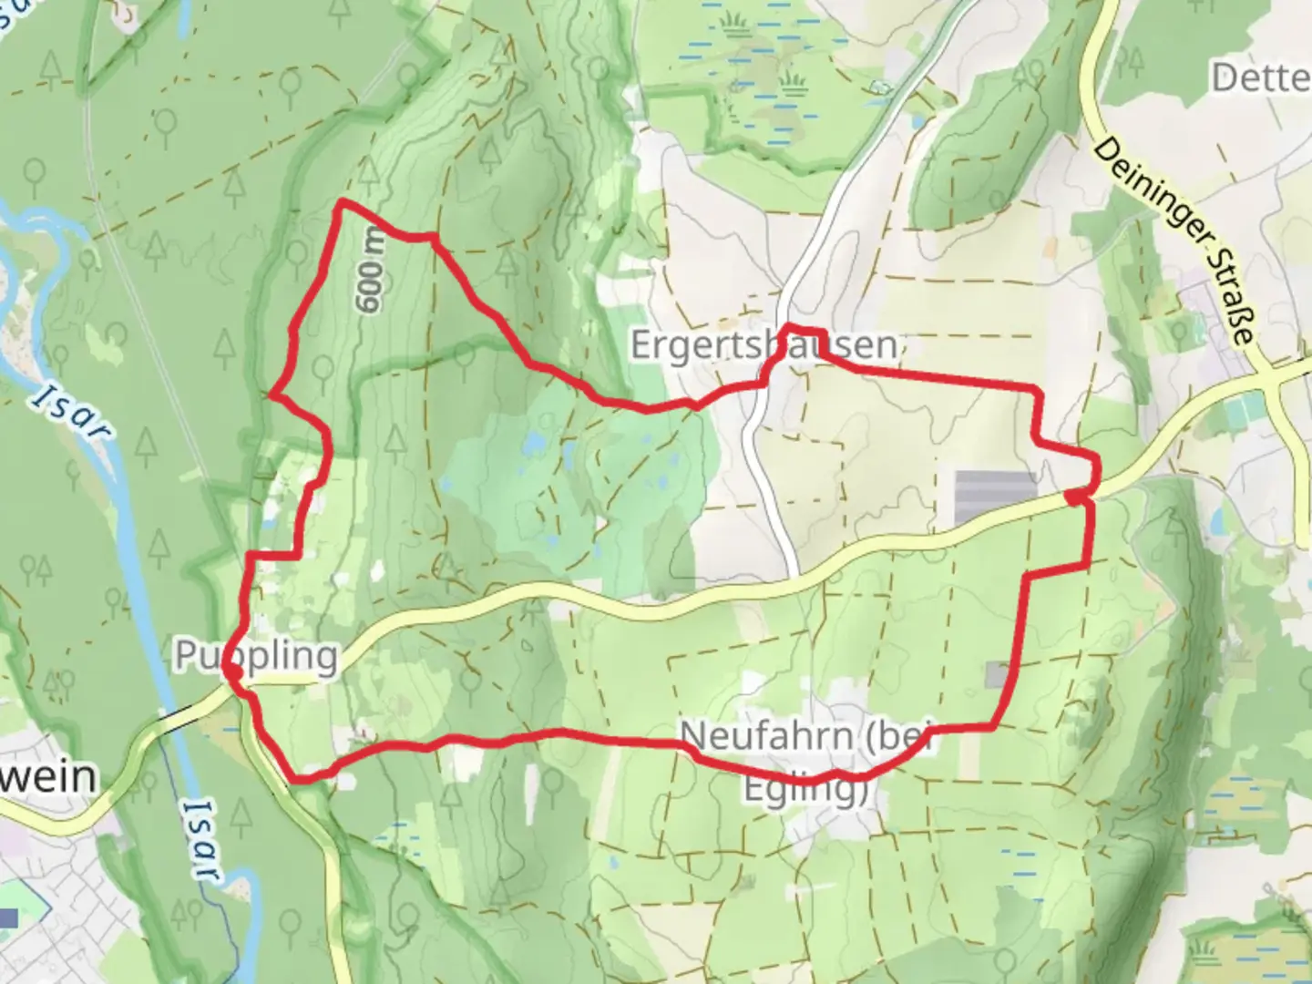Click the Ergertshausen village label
point(764,346)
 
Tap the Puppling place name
point(257,656)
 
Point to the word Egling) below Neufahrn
point(805,789)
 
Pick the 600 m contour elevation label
point(372,271)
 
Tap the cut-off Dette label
point(1261,78)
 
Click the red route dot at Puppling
point(232,671)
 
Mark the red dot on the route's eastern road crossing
point(1076,497)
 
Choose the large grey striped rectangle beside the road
point(995,497)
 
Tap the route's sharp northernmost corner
point(342,201)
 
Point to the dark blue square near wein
point(8,919)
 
